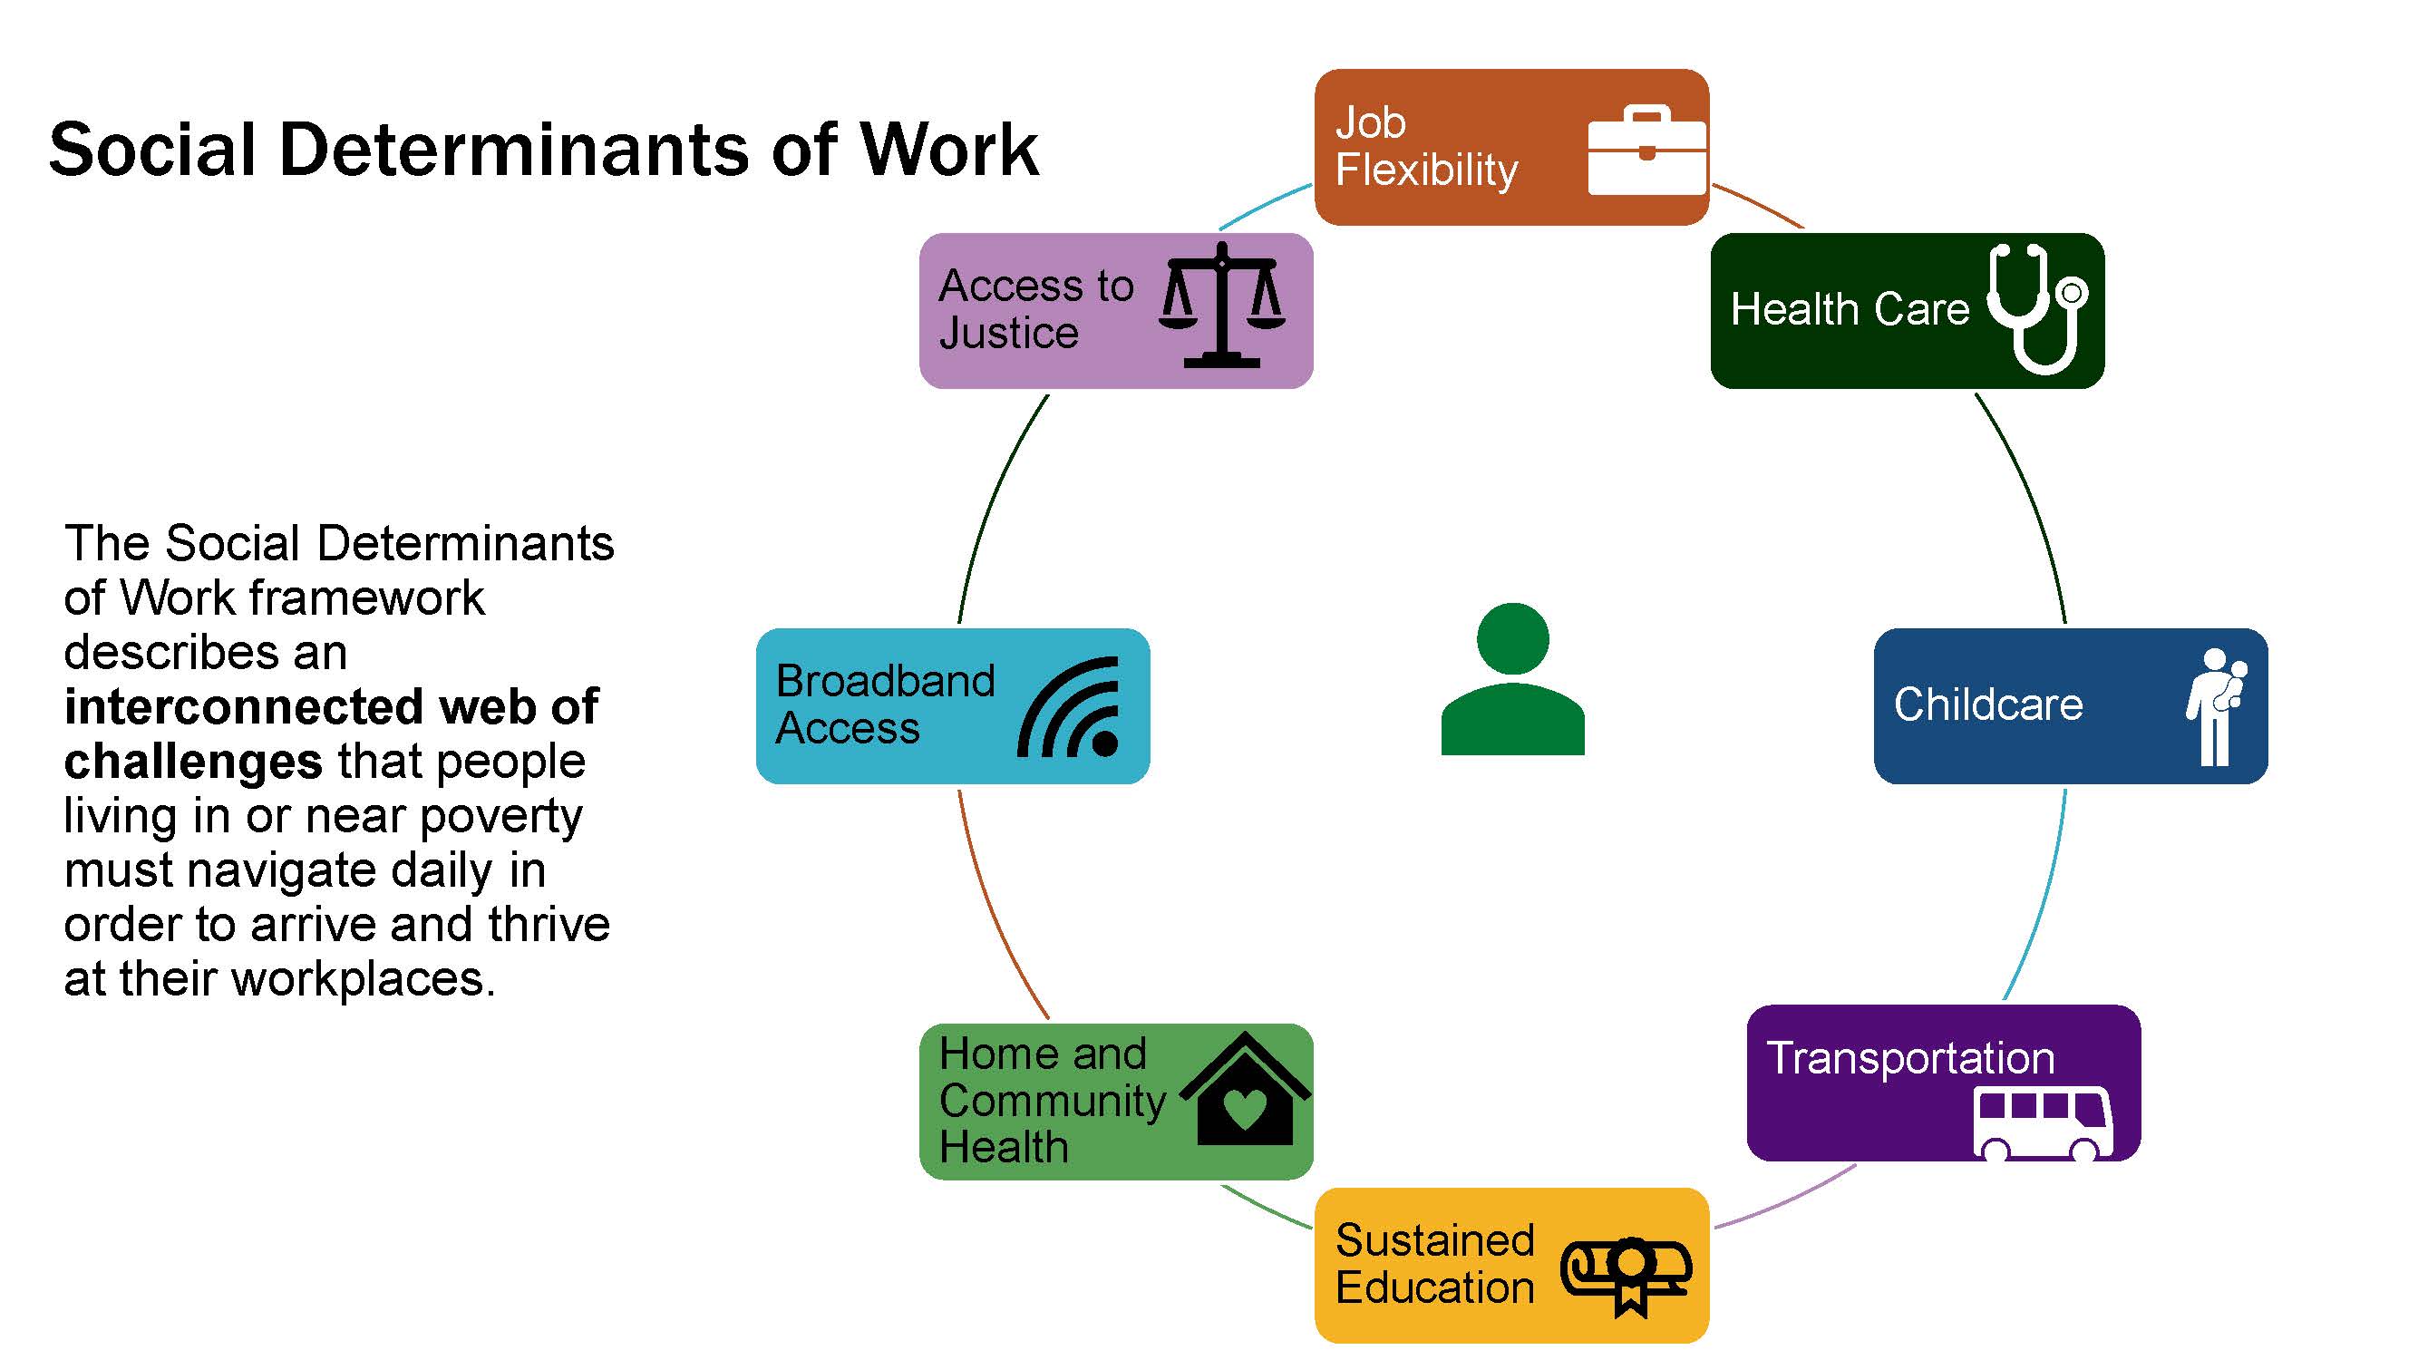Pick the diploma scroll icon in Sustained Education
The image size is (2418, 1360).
pos(1627,1275)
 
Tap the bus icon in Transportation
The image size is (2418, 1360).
pos(2043,1123)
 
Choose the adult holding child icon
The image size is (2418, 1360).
pos(2217,705)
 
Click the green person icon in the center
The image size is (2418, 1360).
pos(1512,678)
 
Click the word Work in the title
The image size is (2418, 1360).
pos(949,151)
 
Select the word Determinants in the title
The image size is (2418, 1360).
pos(513,151)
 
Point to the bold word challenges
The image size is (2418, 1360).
pos(193,763)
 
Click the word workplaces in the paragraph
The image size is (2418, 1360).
pos(363,980)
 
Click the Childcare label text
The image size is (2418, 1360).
pos(1988,704)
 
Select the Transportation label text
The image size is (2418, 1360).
pos(1910,1059)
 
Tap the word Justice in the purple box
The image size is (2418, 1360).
pos(1009,333)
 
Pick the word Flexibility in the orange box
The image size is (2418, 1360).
pos(1426,170)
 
